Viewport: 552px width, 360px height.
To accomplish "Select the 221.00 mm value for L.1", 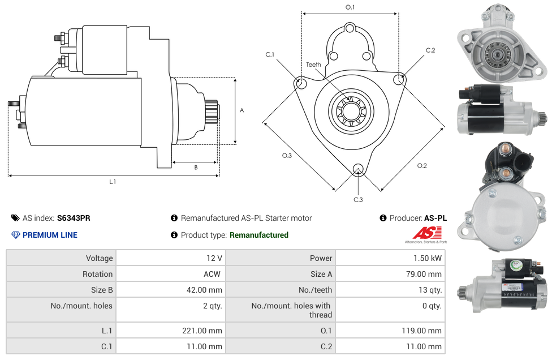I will click(206, 331).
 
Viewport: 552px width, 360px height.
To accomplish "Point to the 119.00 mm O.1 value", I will click(425, 331).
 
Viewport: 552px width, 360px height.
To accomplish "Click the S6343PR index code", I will click(74, 218).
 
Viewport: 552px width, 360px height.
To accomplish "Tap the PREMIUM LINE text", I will click(50, 235).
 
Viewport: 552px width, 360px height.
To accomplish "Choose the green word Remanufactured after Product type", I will click(259, 235).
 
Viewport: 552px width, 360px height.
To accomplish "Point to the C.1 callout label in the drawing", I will click(270, 54).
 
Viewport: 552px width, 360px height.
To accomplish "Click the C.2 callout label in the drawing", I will click(430, 50).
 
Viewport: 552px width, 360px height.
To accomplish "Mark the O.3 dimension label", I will click(287, 156).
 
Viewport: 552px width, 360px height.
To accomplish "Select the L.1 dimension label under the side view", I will click(113, 182).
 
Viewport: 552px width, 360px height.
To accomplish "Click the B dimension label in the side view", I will click(196, 168).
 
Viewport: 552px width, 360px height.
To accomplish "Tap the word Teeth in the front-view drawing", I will click(313, 65).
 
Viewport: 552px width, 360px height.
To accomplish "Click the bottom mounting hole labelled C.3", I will click(357, 169).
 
